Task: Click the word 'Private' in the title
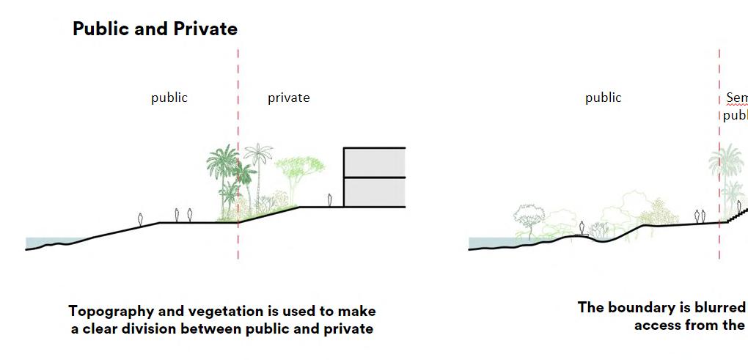(206, 29)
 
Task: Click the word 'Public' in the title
(98, 29)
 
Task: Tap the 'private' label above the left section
(288, 98)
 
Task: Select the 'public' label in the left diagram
(169, 98)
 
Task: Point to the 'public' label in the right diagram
(603, 98)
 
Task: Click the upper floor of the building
(374, 163)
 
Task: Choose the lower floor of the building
(374, 192)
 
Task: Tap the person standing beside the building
(330, 200)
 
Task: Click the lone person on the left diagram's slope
(141, 218)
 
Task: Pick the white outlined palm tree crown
(258, 155)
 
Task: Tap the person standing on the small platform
(582, 227)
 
